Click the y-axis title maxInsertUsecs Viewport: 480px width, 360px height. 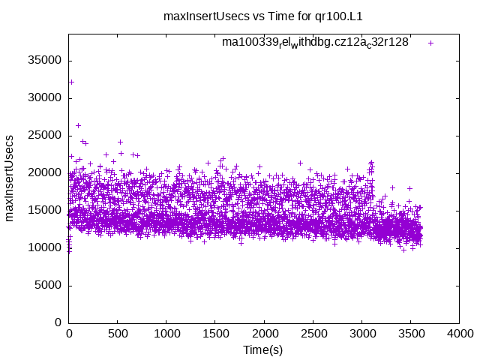pyautogui.click(x=10, y=178)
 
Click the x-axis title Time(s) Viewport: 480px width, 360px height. pyautogui.click(x=262, y=350)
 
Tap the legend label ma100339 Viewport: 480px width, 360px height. pyautogui.click(x=315, y=43)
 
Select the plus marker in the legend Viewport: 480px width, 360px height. pyautogui.click(x=430, y=43)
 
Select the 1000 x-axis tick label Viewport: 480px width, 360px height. pyautogui.click(x=166, y=334)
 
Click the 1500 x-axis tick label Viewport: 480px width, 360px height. pyautogui.click(x=215, y=334)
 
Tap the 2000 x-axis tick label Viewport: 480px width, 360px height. pyautogui.click(x=264, y=334)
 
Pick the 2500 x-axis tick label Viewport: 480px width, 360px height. pyautogui.click(x=313, y=334)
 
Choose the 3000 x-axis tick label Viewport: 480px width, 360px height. pyautogui.click(x=361, y=334)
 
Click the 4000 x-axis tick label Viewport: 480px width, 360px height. pyautogui.click(x=459, y=334)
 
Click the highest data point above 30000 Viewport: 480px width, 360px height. pyautogui.click(x=71, y=82)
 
